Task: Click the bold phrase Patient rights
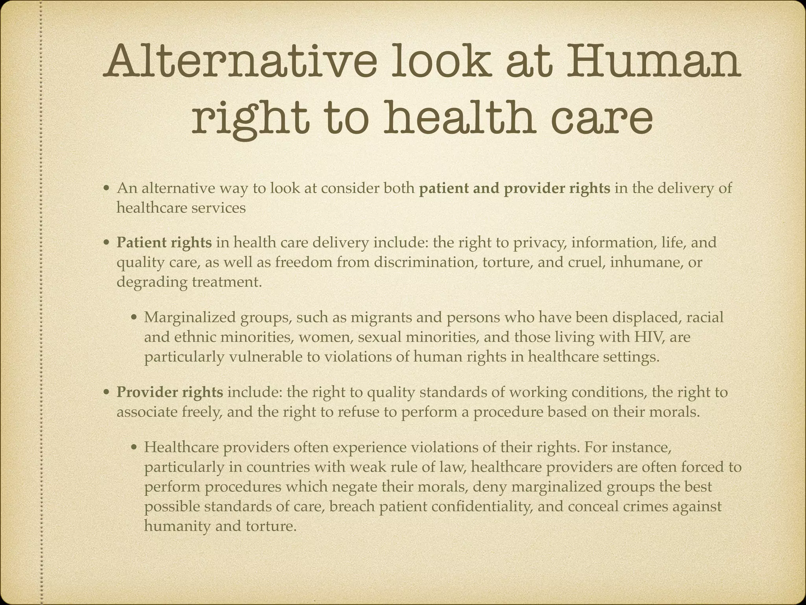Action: [x=164, y=242]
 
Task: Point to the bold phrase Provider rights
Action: [x=170, y=392]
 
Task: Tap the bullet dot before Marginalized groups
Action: [x=134, y=318]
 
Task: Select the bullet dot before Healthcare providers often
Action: [x=134, y=448]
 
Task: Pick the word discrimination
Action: [x=425, y=262]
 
